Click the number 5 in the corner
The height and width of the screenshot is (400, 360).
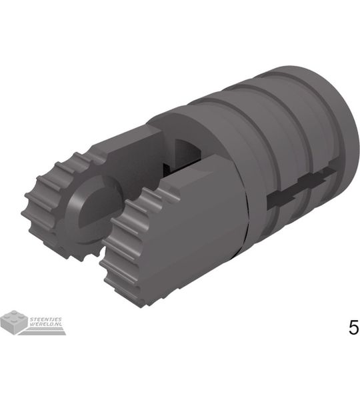point(353,327)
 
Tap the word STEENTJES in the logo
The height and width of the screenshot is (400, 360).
point(46,319)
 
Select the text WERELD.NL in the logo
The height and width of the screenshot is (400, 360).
point(46,324)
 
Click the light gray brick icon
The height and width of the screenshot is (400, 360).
point(14,322)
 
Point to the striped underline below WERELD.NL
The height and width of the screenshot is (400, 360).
point(43,331)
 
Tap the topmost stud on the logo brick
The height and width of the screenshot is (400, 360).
point(14,313)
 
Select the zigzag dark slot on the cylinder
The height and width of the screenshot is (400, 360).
point(301,187)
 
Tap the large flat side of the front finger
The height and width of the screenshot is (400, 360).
point(199,225)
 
